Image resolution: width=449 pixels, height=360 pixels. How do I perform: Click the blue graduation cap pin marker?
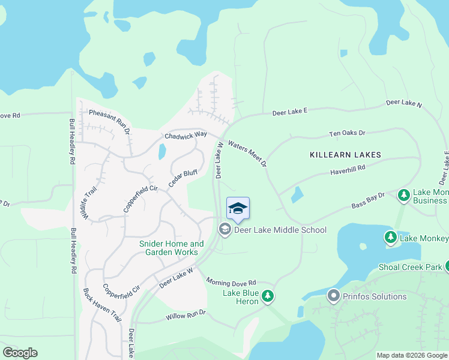(238, 209)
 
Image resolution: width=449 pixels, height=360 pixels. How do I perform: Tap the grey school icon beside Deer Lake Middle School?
(224, 229)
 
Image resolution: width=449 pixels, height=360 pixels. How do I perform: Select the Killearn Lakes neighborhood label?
(345, 155)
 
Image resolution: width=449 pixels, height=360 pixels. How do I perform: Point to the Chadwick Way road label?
(185, 136)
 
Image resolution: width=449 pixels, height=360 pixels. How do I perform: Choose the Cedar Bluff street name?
(183, 178)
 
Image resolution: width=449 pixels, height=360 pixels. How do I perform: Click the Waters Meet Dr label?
(247, 153)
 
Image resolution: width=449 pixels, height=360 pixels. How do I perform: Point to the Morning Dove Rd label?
(231, 282)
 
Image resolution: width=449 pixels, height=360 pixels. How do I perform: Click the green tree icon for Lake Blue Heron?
(268, 296)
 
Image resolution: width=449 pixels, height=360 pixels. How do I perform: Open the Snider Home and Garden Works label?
(171, 248)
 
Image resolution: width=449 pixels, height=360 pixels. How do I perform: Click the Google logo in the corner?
(20, 353)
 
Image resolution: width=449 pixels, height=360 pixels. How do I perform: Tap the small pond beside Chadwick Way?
(162, 152)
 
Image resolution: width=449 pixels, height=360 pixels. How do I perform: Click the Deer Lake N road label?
(404, 103)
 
